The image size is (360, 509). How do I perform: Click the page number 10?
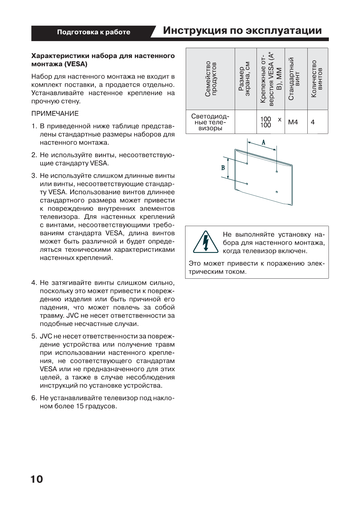point(37,479)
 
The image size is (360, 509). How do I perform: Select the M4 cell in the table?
point(293,122)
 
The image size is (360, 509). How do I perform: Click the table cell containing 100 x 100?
point(270,122)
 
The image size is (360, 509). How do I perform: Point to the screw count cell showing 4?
point(313,122)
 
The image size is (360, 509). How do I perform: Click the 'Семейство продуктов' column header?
point(211,79)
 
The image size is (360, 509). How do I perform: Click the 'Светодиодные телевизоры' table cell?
point(210,122)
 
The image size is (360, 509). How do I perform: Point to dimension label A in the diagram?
point(263,142)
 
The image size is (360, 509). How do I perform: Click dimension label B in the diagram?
point(223,167)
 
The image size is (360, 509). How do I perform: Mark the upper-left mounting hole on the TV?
point(247,164)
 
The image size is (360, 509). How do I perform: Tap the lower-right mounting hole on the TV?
point(277,192)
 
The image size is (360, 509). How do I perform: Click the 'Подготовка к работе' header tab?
point(94,32)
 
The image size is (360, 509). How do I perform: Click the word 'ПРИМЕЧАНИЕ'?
point(55,114)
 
